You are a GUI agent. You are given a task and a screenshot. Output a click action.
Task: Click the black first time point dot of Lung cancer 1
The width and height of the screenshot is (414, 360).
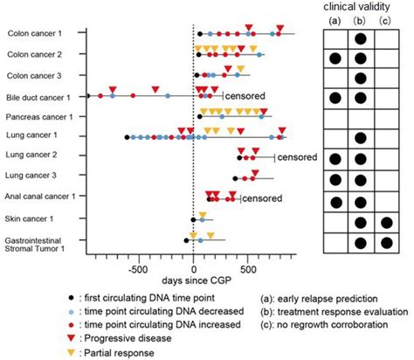coord(128,137)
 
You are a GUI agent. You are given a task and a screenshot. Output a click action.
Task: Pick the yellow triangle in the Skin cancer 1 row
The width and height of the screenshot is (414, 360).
coord(203,213)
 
